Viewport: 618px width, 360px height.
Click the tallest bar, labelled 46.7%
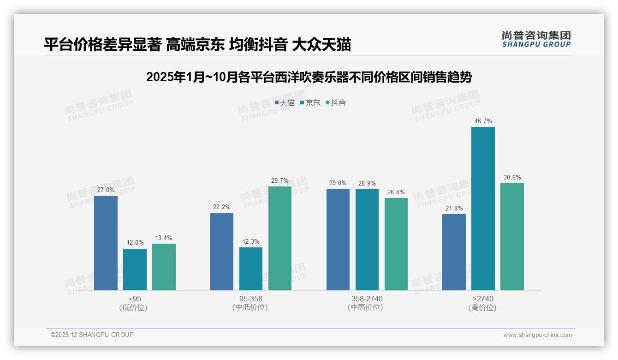[x=483, y=209]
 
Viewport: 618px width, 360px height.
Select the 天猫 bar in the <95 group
[x=106, y=243]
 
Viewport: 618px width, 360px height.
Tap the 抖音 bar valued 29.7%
[x=280, y=238]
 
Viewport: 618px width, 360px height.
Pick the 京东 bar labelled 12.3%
[x=251, y=269]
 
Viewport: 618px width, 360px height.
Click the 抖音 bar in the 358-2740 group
[x=396, y=244]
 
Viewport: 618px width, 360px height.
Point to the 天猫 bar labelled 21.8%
[x=454, y=252]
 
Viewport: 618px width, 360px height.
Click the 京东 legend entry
[x=310, y=103]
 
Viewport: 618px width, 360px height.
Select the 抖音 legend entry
[x=336, y=103]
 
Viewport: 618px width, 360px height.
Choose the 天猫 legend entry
[x=285, y=103]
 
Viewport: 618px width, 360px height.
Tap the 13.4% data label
[x=164, y=238]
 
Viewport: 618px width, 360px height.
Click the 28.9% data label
[x=367, y=184]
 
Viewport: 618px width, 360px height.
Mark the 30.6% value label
[x=512, y=178]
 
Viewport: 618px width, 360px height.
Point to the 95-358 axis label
[x=250, y=299]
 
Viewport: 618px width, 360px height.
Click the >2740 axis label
[x=483, y=299]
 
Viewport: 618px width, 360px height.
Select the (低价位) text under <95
[x=133, y=307]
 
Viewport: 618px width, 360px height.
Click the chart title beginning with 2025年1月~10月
[x=309, y=77]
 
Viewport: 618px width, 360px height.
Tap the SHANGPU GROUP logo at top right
[x=536, y=39]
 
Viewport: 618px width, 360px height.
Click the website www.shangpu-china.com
[x=537, y=335]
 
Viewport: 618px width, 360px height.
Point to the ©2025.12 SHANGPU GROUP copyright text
[x=92, y=335]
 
